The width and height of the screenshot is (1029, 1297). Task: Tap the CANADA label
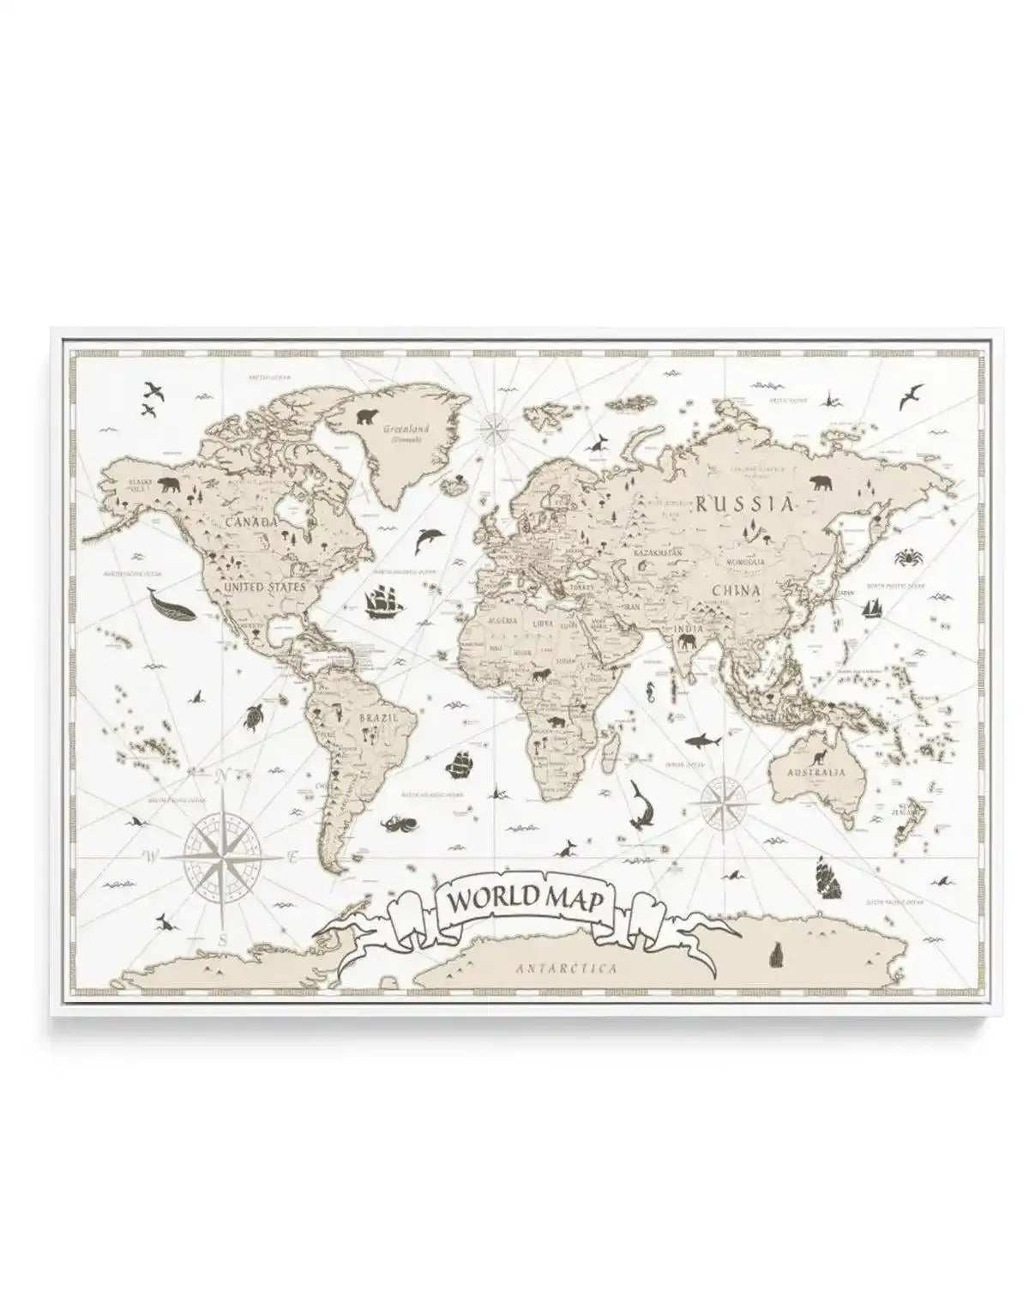click(251, 521)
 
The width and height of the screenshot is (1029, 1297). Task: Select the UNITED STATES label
click(263, 588)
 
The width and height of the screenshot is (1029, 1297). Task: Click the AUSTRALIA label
click(816, 772)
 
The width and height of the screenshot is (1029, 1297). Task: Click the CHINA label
click(735, 590)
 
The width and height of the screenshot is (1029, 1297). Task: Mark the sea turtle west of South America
click(253, 715)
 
